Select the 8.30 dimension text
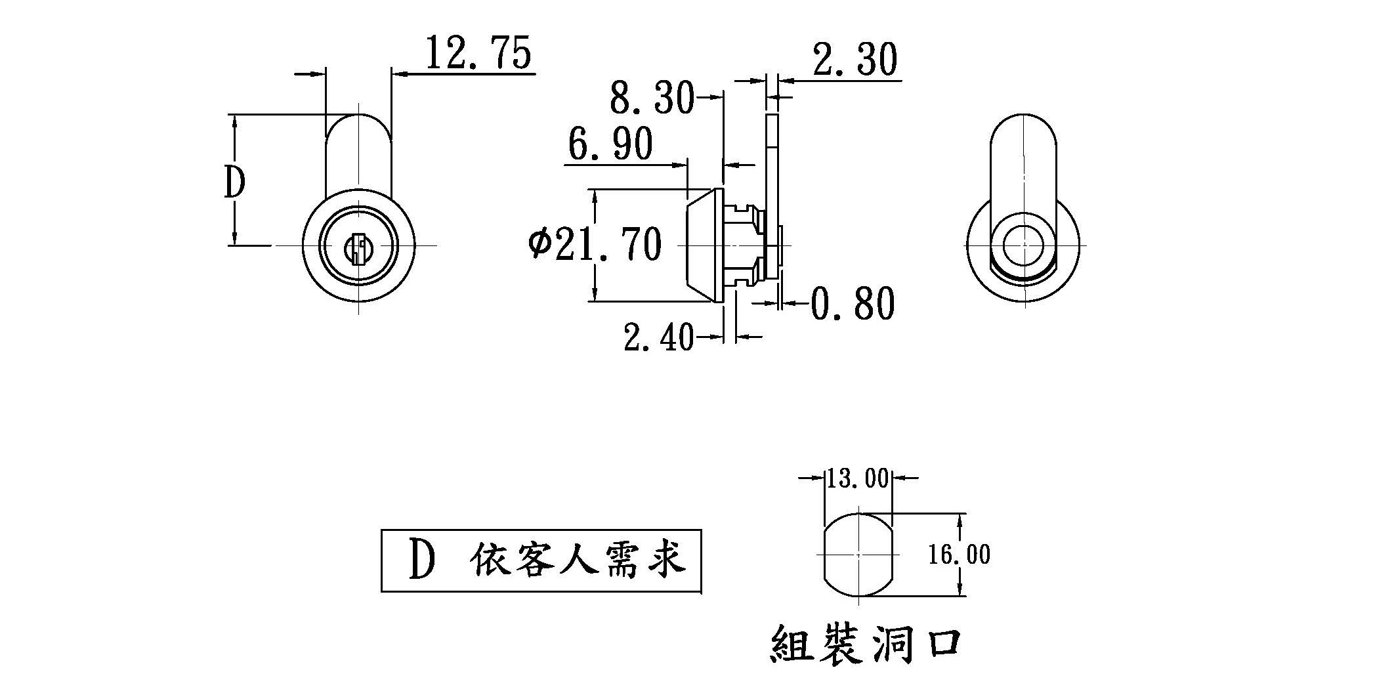651,99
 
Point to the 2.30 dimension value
854,60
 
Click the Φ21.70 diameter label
595,245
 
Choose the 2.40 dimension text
658,337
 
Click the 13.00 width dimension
857,478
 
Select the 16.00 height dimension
959,555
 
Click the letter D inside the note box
422,560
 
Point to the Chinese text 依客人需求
578,560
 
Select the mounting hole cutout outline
858,555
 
